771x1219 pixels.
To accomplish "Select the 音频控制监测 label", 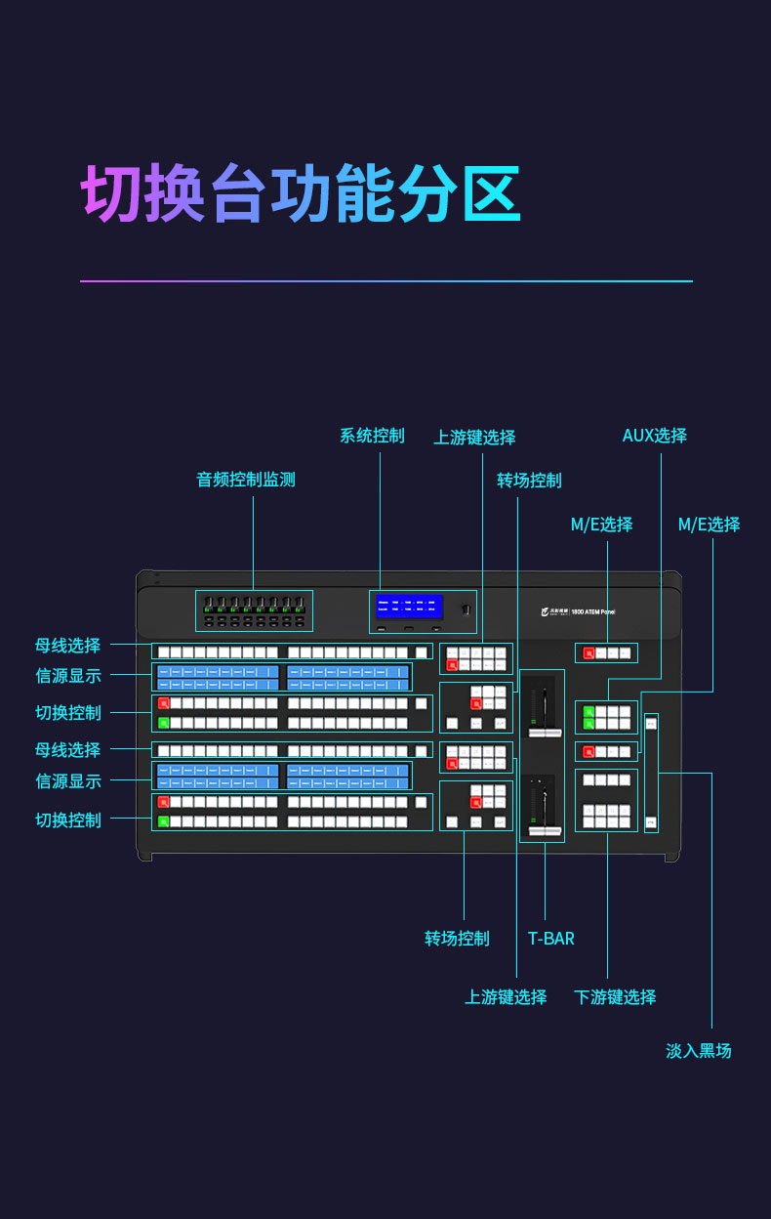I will (246, 480).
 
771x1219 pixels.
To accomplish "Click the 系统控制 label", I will (372, 436).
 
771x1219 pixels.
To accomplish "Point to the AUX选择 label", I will (655, 436).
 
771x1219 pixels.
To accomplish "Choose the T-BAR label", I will (551, 939).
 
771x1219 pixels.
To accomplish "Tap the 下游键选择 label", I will (615, 997).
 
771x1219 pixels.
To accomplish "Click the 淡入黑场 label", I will (699, 1051).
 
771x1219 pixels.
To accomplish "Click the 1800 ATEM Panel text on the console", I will (593, 611).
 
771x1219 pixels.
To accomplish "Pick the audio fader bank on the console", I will (254, 610).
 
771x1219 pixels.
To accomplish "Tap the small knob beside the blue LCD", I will (467, 610).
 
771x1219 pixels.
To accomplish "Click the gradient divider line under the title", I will (385, 281).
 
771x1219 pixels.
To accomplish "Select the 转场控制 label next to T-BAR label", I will (457, 939).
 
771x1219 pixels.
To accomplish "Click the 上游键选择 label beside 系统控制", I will (474, 438).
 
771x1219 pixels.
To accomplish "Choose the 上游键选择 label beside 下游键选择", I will (506, 997).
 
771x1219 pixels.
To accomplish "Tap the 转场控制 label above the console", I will (529, 481).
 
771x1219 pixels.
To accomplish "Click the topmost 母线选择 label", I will (68, 646).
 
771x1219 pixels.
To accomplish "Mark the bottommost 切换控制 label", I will (68, 820).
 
